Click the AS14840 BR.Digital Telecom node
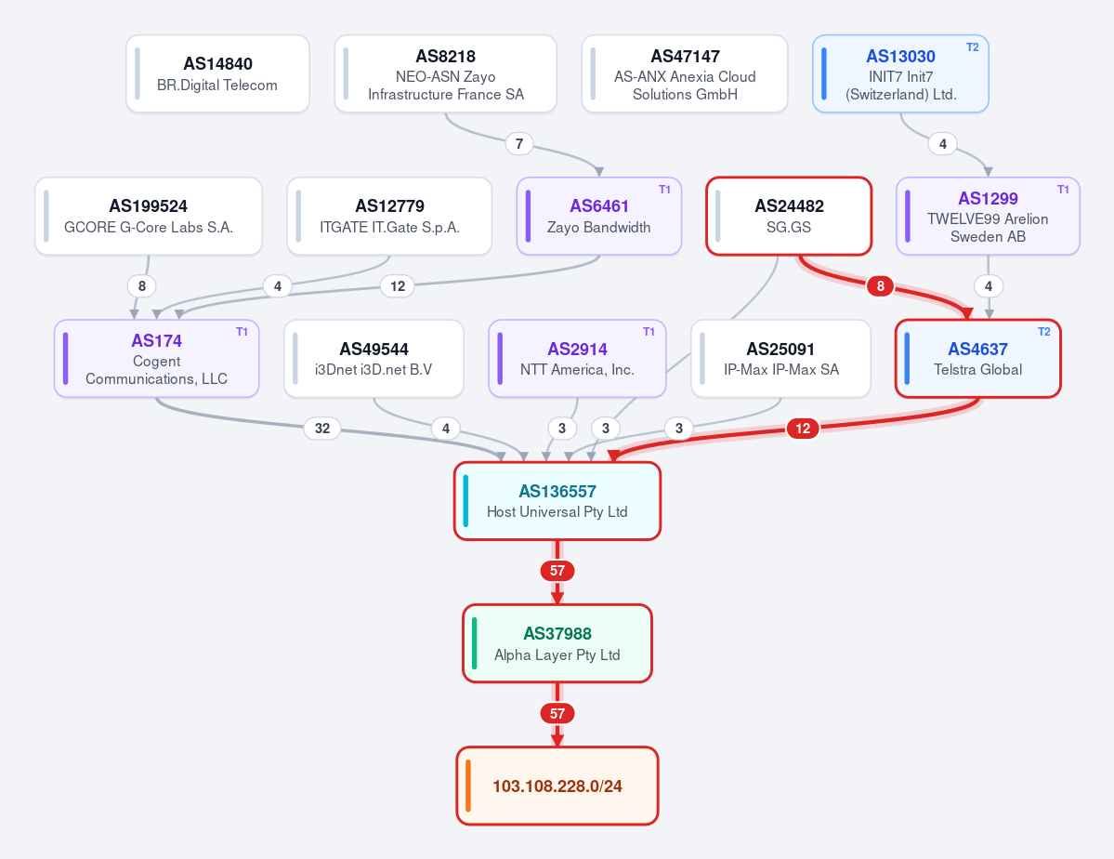(217, 74)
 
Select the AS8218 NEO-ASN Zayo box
(445, 74)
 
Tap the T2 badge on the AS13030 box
(972, 47)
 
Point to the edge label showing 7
(519, 144)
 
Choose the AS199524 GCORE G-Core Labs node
(149, 217)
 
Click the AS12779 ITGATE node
(389, 217)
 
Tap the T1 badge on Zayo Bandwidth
(664, 190)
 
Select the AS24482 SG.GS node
(789, 217)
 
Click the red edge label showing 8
(880, 285)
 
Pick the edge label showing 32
(322, 428)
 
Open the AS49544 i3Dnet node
(374, 359)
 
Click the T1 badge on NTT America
(649, 332)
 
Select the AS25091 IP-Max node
(780, 359)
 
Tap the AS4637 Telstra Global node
(977, 359)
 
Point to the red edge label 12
(803, 428)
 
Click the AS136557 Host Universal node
(557, 501)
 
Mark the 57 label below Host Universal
(557, 570)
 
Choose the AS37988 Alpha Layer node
(557, 643)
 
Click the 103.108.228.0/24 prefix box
(557, 786)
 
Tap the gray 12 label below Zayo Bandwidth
(398, 285)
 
